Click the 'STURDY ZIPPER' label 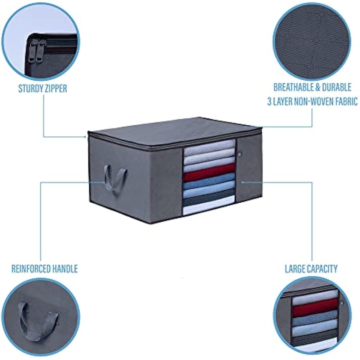click(x=42, y=89)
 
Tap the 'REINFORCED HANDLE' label click(x=44, y=269)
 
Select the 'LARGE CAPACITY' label click(x=311, y=269)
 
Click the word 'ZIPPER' click(x=55, y=89)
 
